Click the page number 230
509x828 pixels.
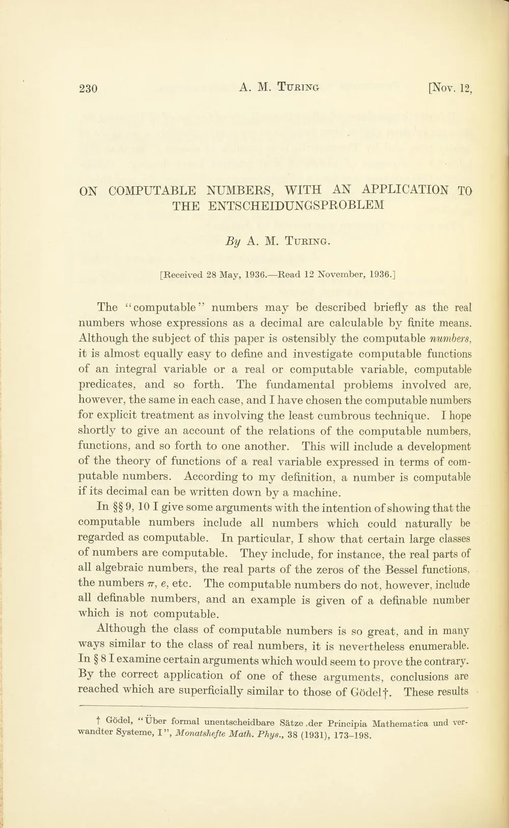tap(88, 89)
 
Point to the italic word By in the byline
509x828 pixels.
tap(232, 242)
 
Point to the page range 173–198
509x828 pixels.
tap(353, 735)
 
